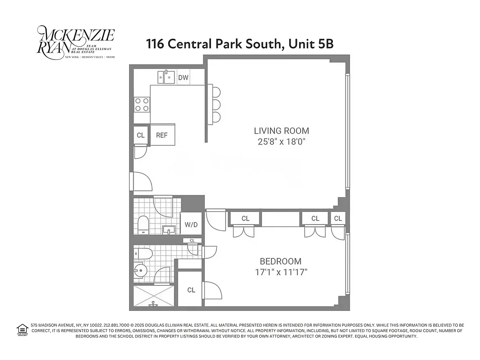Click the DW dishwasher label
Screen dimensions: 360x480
[183, 78]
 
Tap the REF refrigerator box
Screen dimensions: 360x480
[162, 135]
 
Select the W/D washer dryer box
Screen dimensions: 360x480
[191, 223]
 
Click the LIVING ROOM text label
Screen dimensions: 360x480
[282, 131]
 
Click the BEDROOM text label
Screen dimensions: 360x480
[281, 261]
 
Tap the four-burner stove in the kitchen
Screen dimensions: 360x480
[142, 104]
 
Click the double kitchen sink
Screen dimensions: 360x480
[166, 77]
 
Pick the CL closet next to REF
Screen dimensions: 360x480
[140, 135]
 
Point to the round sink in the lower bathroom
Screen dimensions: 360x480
[140, 271]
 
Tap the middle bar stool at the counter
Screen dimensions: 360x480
[216, 105]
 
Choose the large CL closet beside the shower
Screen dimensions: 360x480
[191, 290]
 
